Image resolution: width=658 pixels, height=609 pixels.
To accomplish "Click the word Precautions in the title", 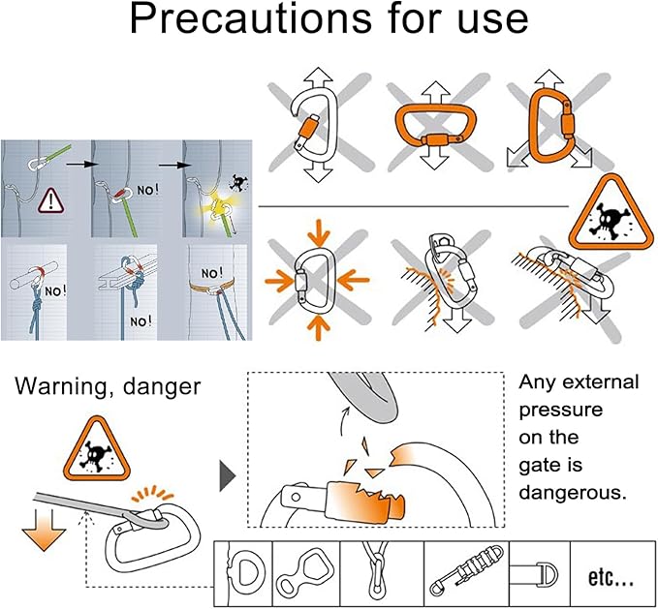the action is [251, 18].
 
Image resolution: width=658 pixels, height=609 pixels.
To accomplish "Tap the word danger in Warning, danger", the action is [162, 386].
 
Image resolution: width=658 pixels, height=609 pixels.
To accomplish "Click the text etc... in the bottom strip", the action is [611, 577].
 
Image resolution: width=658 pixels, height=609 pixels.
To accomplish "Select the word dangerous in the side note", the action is [573, 493].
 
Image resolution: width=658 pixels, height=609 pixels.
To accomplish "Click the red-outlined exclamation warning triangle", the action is [51, 200].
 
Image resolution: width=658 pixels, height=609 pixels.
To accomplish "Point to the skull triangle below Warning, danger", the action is [97, 449].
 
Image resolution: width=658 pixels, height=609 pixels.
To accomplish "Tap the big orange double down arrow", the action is [44, 530].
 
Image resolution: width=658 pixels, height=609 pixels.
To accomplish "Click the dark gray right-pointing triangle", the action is [227, 476].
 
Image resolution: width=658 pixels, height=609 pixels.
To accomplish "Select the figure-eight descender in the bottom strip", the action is [306, 572].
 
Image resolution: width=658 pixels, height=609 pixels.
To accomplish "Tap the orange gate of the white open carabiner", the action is [307, 129].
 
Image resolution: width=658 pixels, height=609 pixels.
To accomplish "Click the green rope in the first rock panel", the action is [59, 153].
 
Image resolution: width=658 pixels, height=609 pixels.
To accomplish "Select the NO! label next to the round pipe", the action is [55, 290].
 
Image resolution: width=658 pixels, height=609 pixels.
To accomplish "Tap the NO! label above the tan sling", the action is [212, 273].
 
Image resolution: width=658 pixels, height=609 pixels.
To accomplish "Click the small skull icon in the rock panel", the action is [238, 183].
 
